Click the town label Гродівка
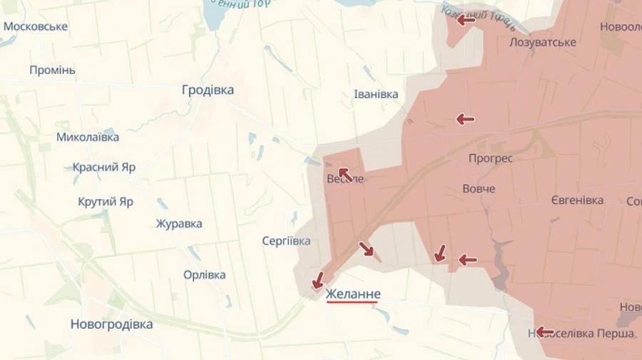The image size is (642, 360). tap(208, 91)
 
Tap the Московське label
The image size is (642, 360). tap(36, 26)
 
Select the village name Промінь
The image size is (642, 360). tap(52, 71)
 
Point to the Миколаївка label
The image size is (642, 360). tap(88, 136)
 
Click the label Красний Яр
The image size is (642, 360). tap(104, 168)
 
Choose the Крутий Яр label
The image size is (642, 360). tap(106, 202)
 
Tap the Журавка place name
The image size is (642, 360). tap(179, 224)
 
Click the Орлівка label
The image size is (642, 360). tap(205, 275)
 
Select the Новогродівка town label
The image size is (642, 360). tap(111, 324)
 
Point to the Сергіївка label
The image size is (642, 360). tap(286, 241)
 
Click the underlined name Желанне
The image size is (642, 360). tap(353, 294)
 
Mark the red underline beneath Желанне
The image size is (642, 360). tap(353, 302)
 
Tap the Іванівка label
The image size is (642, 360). tap(376, 94)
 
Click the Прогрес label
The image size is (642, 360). tap(491, 158)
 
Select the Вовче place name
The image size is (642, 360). tap(479, 189)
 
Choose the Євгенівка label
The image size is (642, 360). tap(577, 200)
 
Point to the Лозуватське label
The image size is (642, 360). tap(543, 42)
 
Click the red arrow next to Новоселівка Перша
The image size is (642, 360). tap(545, 331)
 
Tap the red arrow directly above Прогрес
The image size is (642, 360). tap(466, 119)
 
